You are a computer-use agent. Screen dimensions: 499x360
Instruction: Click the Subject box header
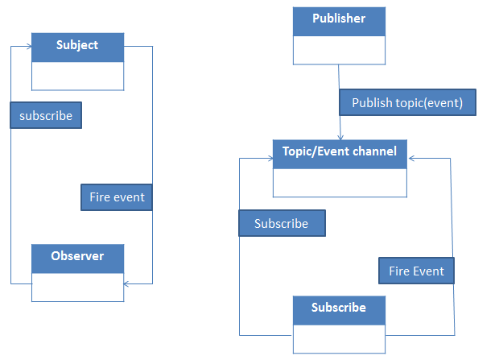77,48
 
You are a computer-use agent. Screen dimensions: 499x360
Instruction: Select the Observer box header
77,259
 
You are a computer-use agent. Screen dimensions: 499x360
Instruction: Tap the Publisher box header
340,22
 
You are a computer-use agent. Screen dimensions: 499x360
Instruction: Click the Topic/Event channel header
340,154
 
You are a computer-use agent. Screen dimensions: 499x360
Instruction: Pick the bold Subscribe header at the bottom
340,310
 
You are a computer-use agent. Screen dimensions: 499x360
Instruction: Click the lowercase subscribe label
46,115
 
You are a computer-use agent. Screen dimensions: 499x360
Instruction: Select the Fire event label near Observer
117,197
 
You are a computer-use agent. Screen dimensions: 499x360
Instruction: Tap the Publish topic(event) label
408,102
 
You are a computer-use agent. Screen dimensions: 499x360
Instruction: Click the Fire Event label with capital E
417,271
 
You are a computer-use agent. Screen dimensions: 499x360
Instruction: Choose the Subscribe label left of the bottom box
282,223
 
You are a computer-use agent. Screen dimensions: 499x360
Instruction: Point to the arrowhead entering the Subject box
29,47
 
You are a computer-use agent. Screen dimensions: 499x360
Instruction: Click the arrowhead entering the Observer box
126,283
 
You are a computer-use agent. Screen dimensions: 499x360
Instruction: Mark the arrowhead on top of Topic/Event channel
340,137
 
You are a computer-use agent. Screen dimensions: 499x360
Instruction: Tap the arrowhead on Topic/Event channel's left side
270,158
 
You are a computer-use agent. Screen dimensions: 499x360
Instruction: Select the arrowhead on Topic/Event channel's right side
411,158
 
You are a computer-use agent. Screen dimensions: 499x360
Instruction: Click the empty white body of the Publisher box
340,50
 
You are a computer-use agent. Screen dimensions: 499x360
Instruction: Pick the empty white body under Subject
77,76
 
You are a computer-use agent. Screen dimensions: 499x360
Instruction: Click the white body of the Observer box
77,287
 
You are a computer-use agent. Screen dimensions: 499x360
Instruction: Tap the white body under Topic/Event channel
340,183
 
